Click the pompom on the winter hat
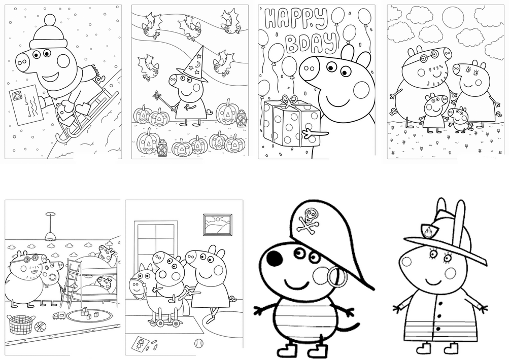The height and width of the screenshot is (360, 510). click(49, 20)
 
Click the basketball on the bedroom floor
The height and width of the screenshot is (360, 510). click(40, 327)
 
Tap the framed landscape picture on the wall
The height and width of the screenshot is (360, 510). click(218, 224)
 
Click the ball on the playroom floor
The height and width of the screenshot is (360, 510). click(198, 343)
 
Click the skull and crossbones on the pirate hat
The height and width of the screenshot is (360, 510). click(309, 220)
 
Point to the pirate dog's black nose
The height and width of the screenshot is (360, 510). click(274, 258)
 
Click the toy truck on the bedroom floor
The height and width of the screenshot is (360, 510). click(59, 315)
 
